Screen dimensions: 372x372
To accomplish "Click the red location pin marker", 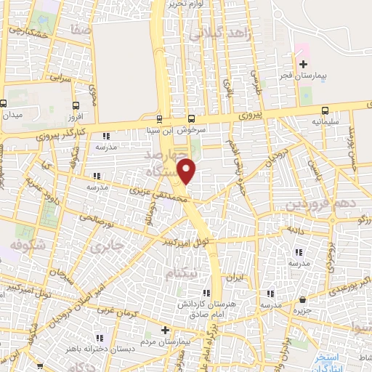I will click(188, 171).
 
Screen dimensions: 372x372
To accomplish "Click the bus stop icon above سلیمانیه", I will click(323, 110).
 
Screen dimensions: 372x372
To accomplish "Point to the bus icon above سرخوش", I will click(192, 119).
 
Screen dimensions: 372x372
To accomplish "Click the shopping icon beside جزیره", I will click(303, 299).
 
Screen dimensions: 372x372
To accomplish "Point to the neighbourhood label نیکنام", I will click(182, 275).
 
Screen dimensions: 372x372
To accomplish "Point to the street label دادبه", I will click(296, 229).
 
